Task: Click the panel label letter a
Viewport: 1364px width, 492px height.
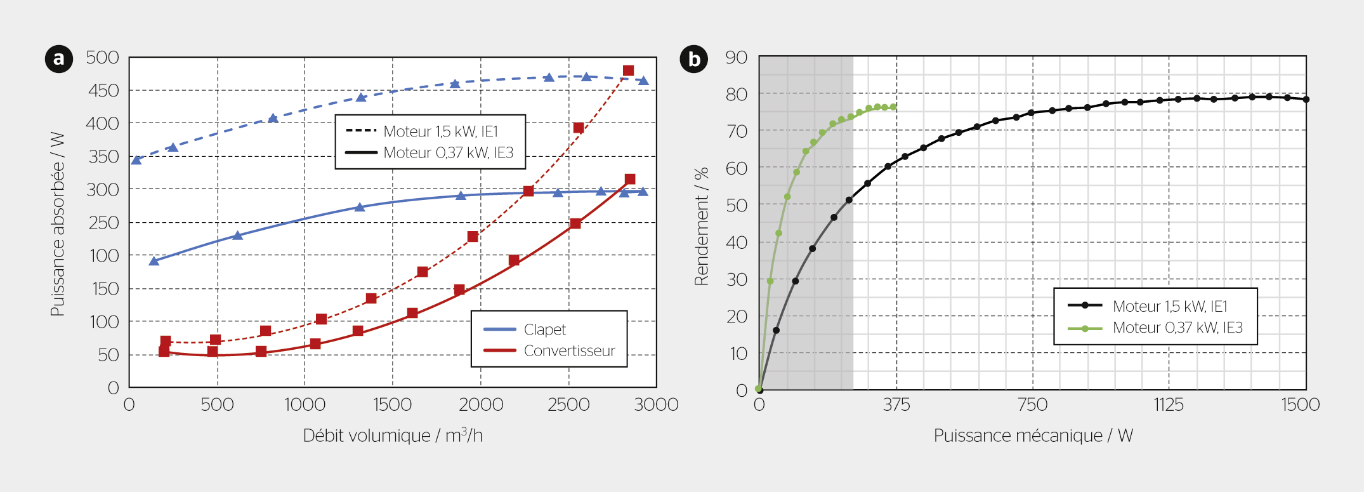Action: pos(59,59)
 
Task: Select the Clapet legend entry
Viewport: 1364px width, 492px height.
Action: pos(544,329)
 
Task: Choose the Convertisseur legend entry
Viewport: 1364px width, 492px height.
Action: pos(569,351)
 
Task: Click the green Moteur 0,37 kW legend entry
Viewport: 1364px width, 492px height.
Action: pos(1177,328)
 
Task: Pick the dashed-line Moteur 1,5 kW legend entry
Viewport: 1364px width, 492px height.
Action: pos(440,131)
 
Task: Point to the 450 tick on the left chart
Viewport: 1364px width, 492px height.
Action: pos(103,91)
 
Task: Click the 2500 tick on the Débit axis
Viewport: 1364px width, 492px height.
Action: pos(568,405)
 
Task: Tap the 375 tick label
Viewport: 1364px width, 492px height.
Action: pos(896,405)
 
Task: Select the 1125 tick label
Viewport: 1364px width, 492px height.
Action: pos(1169,405)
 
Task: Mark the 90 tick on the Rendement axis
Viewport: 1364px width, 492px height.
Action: pos(737,58)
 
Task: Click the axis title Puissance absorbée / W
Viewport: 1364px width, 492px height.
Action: pos(58,224)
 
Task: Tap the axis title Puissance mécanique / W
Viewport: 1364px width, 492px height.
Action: pos(1033,436)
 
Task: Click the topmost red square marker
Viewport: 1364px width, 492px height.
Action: pos(628,70)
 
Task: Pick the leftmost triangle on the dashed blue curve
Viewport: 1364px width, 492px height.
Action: pos(136,160)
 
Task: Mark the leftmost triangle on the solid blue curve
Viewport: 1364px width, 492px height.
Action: pos(154,261)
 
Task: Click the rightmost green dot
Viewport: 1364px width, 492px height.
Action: pos(893,107)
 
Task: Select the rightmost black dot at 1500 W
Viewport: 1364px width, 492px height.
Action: pos(1306,100)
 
